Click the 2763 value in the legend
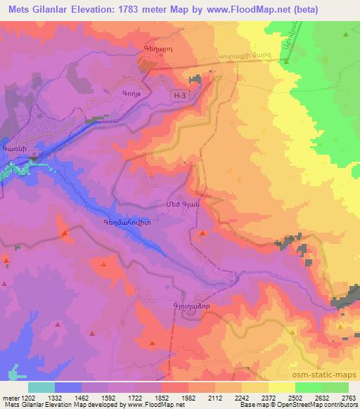(349, 398)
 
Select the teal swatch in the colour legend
(41, 387)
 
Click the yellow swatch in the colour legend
(281, 387)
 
